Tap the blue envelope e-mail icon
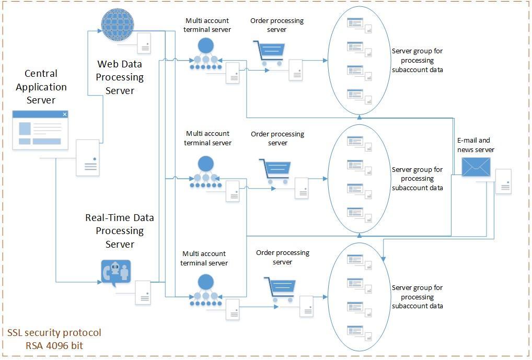[476, 167]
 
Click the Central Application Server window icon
[40, 130]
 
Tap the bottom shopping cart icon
[280, 289]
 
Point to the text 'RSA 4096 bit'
[54, 345]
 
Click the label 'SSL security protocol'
[54, 333]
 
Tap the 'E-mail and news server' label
[476, 145]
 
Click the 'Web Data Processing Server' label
[120, 77]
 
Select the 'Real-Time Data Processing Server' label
[120, 231]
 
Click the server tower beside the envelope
[503, 181]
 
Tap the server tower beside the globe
[145, 43]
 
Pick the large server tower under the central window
[87, 157]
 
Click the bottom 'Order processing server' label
[283, 257]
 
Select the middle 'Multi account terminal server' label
[207, 138]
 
